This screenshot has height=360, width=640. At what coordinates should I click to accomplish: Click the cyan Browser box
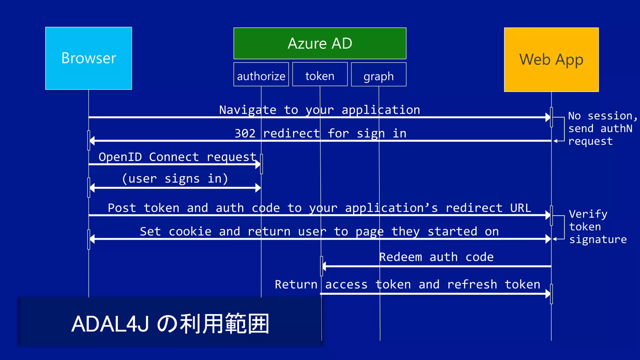point(88,58)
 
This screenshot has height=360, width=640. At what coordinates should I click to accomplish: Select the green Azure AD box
point(320,43)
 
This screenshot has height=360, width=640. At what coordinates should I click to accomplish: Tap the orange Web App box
point(551,60)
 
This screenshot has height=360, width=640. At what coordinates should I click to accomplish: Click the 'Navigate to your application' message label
point(319,110)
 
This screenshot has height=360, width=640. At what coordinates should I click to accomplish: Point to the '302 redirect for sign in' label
point(320,133)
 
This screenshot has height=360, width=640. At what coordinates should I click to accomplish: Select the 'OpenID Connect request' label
point(177,157)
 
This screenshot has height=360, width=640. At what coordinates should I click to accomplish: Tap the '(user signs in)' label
point(175,178)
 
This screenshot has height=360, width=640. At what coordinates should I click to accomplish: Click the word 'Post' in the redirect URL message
point(122,208)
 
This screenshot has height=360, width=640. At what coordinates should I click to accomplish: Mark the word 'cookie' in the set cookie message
point(190,232)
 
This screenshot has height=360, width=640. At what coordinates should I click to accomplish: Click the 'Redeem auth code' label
point(436,257)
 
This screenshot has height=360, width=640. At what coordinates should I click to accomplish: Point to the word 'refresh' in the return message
point(472,284)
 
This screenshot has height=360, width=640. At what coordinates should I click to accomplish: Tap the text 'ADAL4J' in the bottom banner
point(110,324)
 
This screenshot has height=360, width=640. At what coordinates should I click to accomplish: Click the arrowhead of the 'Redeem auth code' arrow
point(324,266)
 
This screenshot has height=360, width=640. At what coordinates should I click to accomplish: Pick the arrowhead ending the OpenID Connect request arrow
point(258,164)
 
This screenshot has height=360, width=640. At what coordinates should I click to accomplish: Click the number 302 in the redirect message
point(245,133)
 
